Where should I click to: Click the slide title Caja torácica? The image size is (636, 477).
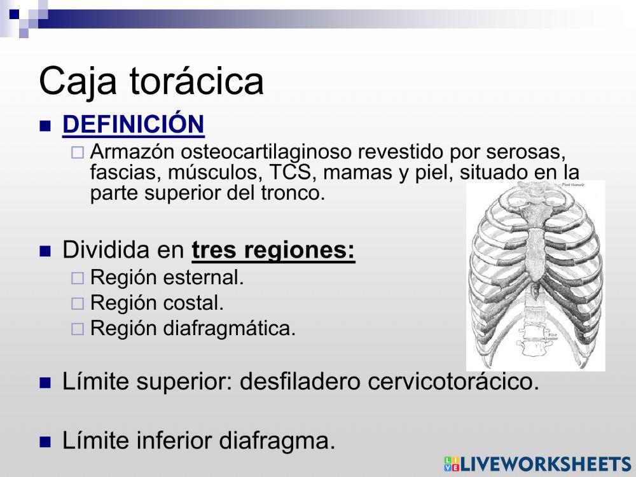pos(151,81)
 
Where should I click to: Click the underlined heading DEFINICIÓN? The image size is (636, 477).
pos(133,124)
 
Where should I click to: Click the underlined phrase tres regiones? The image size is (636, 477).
pos(273,250)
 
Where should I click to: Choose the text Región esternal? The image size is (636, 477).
pos(167,278)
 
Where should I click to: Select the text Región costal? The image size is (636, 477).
pos(157,303)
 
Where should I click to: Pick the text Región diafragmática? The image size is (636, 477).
pos(193,329)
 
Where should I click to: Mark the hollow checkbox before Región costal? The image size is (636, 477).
pos(77,304)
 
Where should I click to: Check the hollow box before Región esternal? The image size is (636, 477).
pos(77,279)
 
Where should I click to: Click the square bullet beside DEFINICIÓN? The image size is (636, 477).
pos(45,125)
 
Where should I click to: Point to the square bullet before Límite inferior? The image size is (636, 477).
pos(45,441)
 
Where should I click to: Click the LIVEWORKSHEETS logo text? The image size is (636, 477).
pos(544,464)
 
